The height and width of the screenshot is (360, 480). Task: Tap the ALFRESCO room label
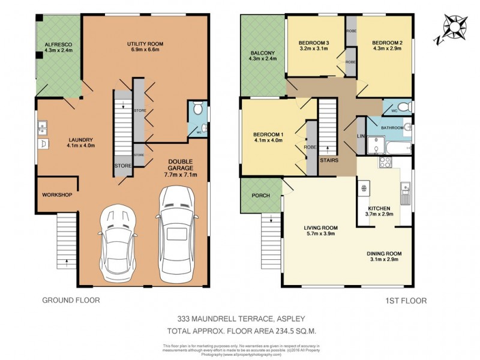[58, 44]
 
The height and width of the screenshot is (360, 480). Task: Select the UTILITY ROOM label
[145, 44]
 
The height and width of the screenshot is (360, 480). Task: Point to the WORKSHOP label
[57, 195]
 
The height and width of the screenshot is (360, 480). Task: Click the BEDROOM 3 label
[314, 43]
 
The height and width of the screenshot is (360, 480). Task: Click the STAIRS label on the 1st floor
[328, 161]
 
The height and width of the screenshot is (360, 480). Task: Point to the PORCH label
[260, 196]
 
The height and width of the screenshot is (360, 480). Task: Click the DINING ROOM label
[385, 253]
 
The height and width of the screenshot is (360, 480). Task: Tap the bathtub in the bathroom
[397, 146]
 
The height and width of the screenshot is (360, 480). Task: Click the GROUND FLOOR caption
[70, 300]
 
